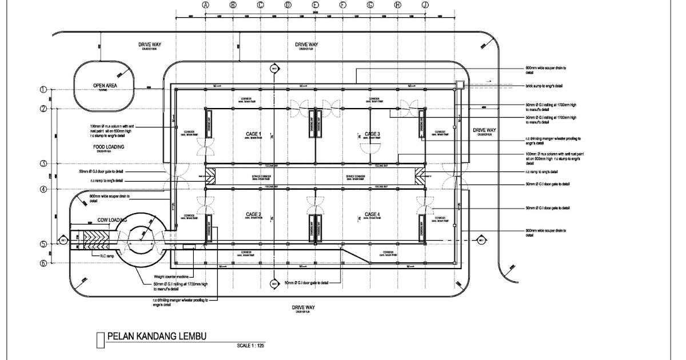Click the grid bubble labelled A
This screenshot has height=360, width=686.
[205, 5]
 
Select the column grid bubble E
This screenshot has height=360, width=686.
[315, 5]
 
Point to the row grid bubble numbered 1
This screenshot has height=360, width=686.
[43, 89]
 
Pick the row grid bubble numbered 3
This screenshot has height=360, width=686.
[43, 164]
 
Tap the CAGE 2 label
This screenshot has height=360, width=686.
[254, 214]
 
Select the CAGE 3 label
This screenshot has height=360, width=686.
[372, 134]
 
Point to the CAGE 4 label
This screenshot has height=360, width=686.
[372, 214]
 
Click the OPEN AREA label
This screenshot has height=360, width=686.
[105, 86]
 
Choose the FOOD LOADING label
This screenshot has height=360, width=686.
[109, 147]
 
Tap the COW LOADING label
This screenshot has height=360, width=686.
[111, 219]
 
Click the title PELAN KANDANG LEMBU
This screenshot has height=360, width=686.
[154, 337]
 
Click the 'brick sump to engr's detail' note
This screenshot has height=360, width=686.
[544, 86]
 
